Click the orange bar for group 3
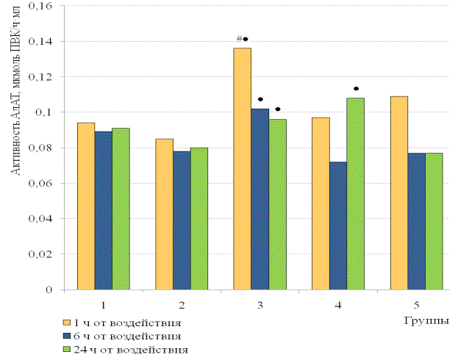click(x=242, y=169)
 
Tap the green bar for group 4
click(x=355, y=194)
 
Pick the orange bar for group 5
click(x=399, y=193)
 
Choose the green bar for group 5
click(x=434, y=221)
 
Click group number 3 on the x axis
click(x=260, y=303)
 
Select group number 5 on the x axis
click(x=416, y=303)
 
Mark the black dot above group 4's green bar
click(x=356, y=89)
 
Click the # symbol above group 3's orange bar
click(x=239, y=39)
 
